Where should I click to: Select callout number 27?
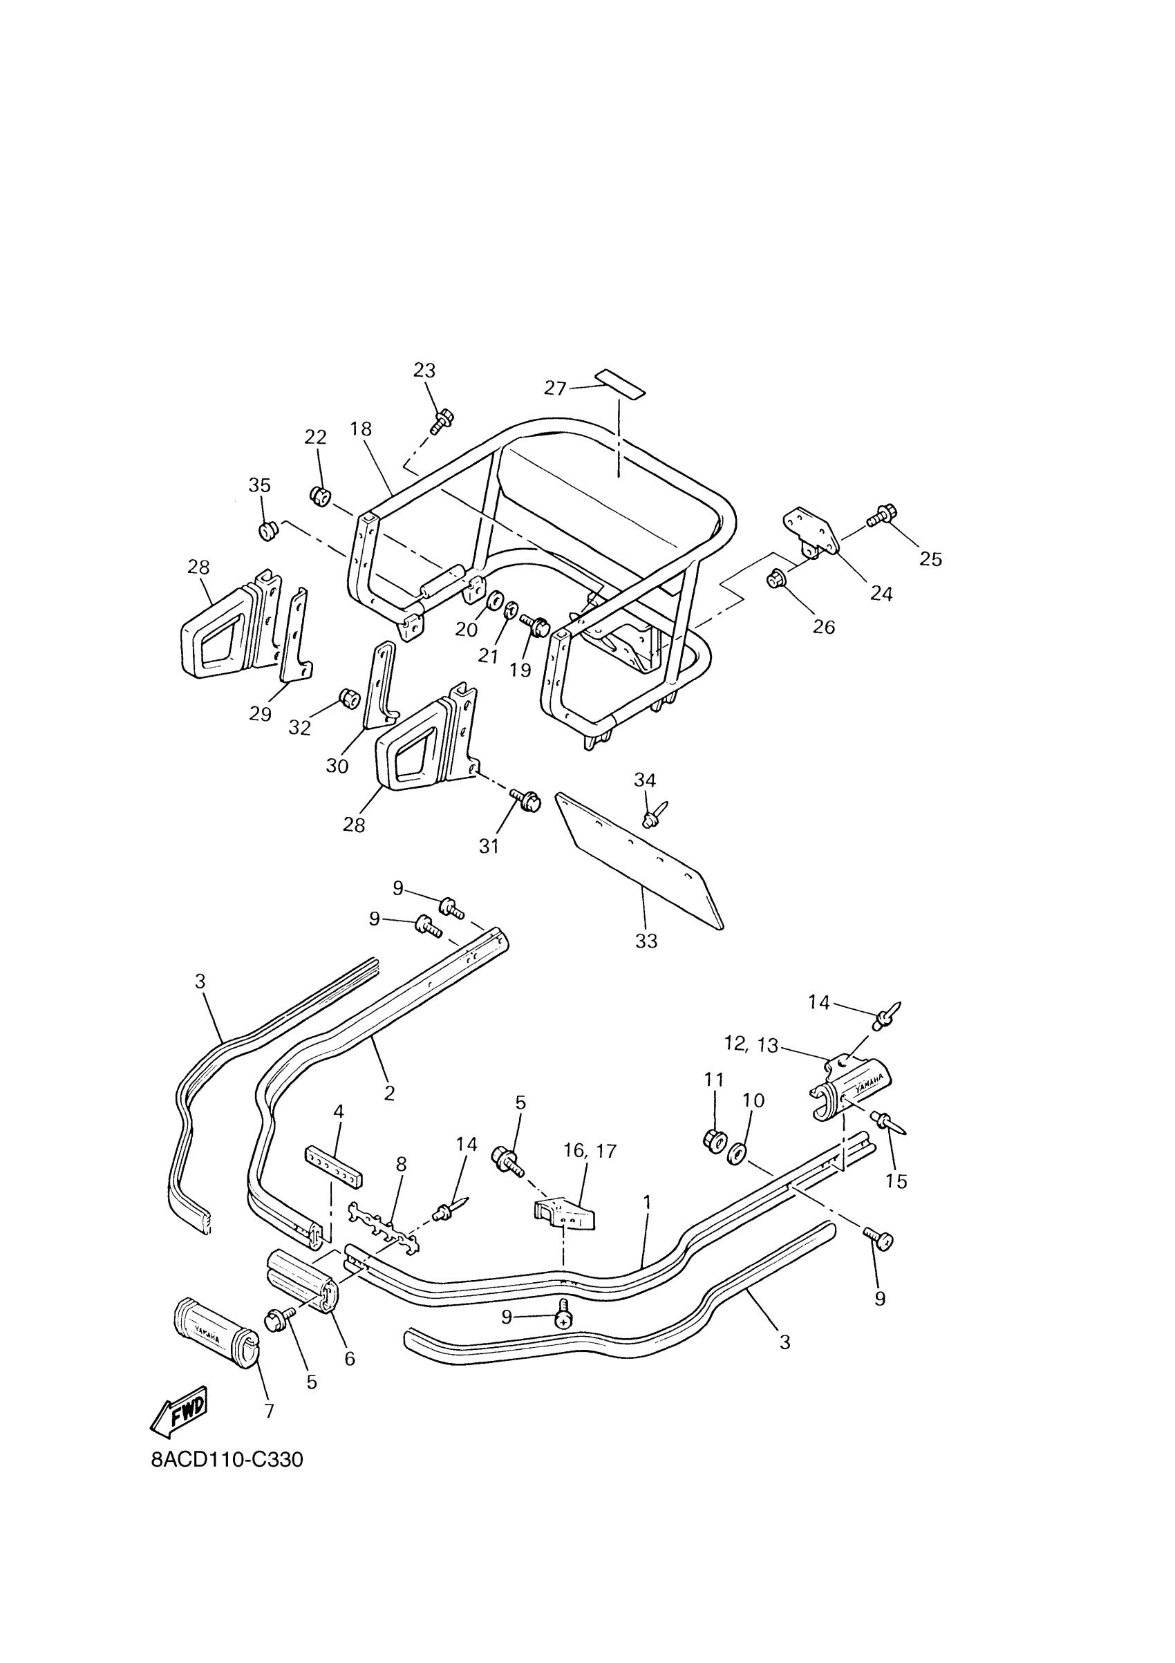pyautogui.click(x=555, y=389)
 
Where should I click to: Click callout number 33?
pyautogui.click(x=646, y=941)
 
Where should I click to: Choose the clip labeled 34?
pyautogui.click(x=652, y=816)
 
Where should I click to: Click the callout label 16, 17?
pyautogui.click(x=590, y=1151)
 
